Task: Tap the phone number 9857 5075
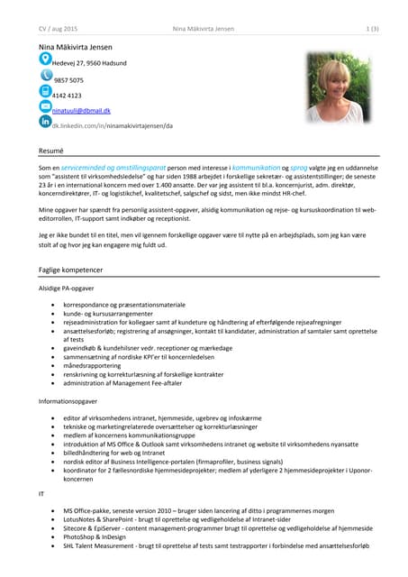[68, 79]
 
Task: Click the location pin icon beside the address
[45, 60]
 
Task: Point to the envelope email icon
[45, 107]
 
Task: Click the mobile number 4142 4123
[68, 95]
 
